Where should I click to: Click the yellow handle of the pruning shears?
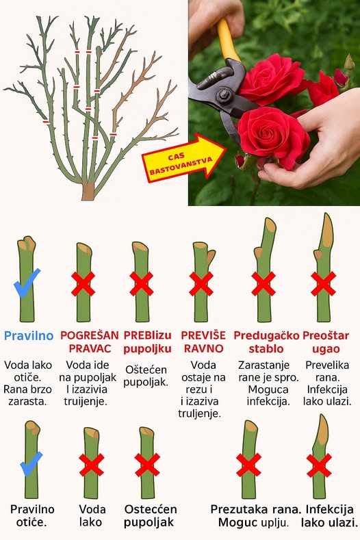pos(227,40)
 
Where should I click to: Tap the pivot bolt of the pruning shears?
pos(222,94)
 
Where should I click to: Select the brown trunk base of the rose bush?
pos(88,191)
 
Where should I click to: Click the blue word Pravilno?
pos(29,336)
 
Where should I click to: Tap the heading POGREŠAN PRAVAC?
pos(90,342)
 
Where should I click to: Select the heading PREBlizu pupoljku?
pos(147,342)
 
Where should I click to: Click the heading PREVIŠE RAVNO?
pos(203,342)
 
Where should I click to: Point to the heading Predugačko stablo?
pos(266,342)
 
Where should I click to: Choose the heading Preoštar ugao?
pos(326,342)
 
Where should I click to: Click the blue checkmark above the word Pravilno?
pos(27,283)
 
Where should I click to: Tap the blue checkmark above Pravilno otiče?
pos(31,463)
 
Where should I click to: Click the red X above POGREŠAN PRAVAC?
pos(83,284)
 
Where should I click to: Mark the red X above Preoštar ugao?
pos(323,284)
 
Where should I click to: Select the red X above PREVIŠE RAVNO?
pos(201,284)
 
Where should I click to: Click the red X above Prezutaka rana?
pos(248,465)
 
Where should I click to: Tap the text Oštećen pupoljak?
pos(146,376)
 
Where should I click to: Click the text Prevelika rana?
pos(327,371)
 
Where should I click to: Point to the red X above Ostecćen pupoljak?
pos(147,465)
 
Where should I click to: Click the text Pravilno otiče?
pos(32,515)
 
